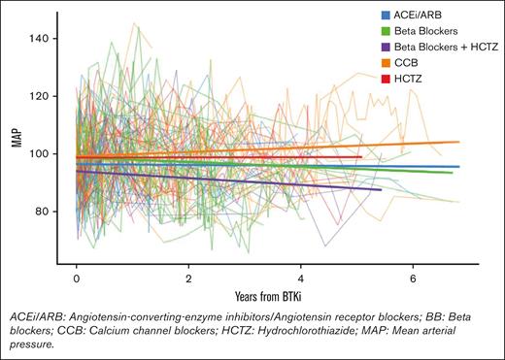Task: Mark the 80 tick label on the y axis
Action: click(x=55, y=211)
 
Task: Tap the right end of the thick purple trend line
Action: click(x=382, y=190)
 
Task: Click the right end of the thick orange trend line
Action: click(x=459, y=142)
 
